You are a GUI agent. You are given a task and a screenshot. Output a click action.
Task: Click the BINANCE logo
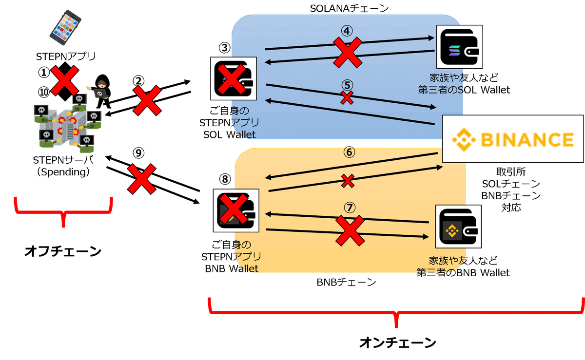pyautogui.click(x=513, y=139)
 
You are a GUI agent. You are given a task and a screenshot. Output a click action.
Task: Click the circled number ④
pyautogui.click(x=347, y=31)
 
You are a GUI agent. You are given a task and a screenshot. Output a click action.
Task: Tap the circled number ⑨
pyautogui.click(x=139, y=153)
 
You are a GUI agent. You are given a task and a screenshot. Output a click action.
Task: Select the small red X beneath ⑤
pyautogui.click(x=347, y=97)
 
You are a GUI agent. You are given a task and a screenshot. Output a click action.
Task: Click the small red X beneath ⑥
pyautogui.click(x=348, y=182)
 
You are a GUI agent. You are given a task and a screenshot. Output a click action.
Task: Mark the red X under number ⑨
pyautogui.click(x=141, y=179)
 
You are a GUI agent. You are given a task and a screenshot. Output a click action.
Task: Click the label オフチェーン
pyautogui.click(x=63, y=251)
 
